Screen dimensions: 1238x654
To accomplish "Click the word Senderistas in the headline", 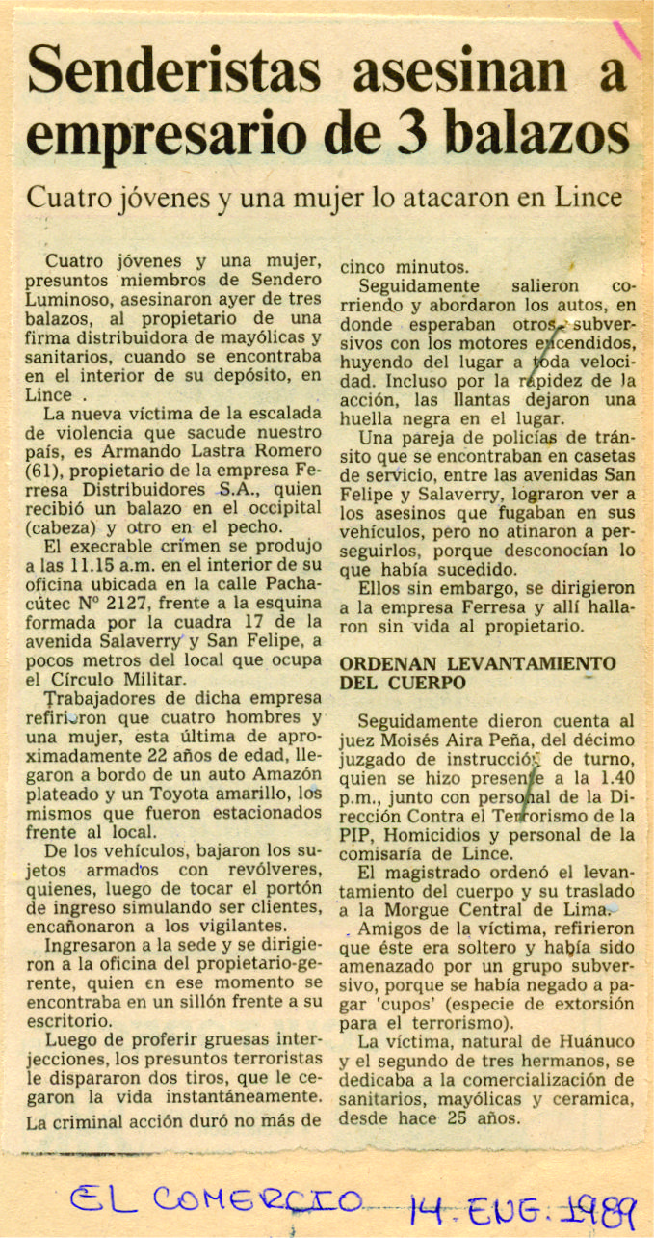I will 172,72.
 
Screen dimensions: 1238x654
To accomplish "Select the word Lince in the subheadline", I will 588,199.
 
